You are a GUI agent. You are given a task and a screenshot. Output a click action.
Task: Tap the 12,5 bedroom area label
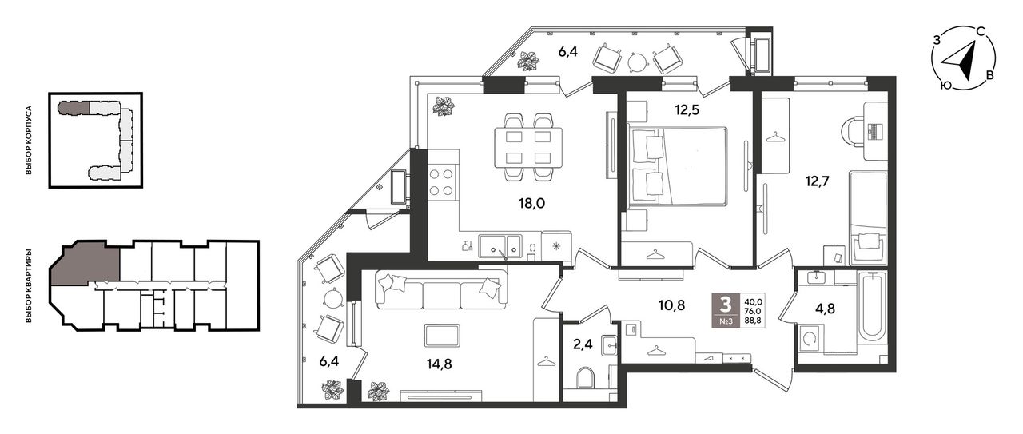pyautogui.click(x=687, y=110)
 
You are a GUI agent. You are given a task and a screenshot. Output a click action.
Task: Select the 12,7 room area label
pyautogui.click(x=817, y=181)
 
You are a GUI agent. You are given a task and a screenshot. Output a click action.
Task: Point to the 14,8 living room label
pyautogui.click(x=439, y=364)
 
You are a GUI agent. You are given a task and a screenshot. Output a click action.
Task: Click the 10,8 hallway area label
pyautogui.click(x=672, y=305)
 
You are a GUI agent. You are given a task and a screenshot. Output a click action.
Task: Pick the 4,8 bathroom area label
pyautogui.click(x=826, y=309)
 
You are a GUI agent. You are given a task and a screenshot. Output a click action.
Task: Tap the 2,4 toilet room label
pyautogui.click(x=583, y=344)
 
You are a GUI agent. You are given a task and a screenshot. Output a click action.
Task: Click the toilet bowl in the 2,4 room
pyautogui.click(x=586, y=378)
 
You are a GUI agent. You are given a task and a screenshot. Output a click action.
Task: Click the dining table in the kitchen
pyautogui.click(x=528, y=148)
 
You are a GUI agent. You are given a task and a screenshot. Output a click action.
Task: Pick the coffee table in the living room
pyautogui.click(x=442, y=336)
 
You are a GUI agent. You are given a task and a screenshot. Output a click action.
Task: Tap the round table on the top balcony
pyautogui.click(x=637, y=61)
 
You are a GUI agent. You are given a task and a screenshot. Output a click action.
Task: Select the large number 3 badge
pyautogui.click(x=725, y=304)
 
